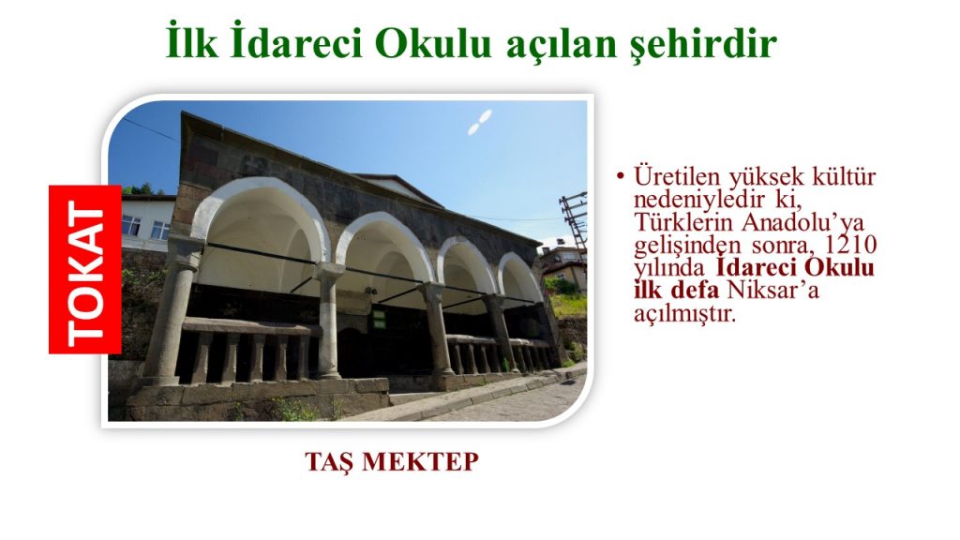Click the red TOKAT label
[x=85, y=269]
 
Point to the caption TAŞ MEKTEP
[x=392, y=461]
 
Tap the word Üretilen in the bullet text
[x=677, y=176]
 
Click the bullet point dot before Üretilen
[x=621, y=177]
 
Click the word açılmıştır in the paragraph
[x=683, y=313]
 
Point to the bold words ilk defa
[x=676, y=291]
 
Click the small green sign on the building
[x=379, y=319]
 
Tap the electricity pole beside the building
[x=574, y=219]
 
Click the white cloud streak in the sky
[x=480, y=122]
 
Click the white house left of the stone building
[x=147, y=223]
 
